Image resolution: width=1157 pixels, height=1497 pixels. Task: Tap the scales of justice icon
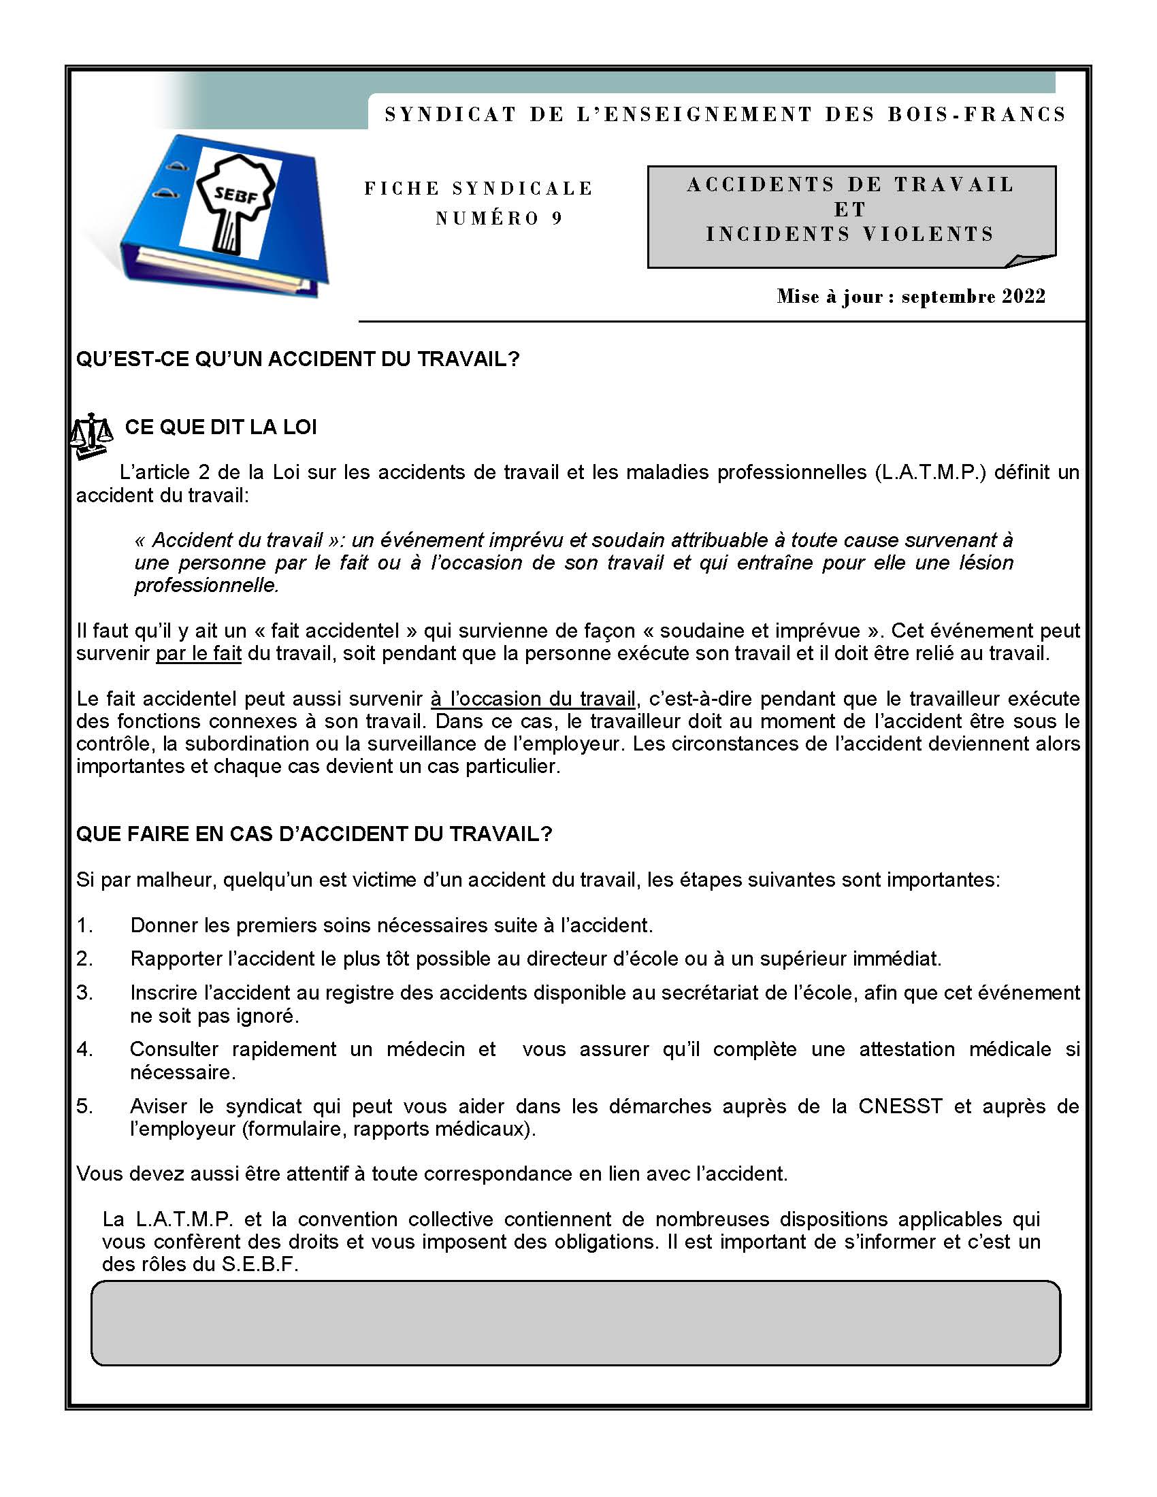point(91,435)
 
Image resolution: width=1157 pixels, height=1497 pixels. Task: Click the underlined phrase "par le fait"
point(198,653)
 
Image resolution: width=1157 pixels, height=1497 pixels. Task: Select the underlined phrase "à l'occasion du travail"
point(534,699)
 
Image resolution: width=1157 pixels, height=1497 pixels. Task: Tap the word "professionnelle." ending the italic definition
point(207,585)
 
